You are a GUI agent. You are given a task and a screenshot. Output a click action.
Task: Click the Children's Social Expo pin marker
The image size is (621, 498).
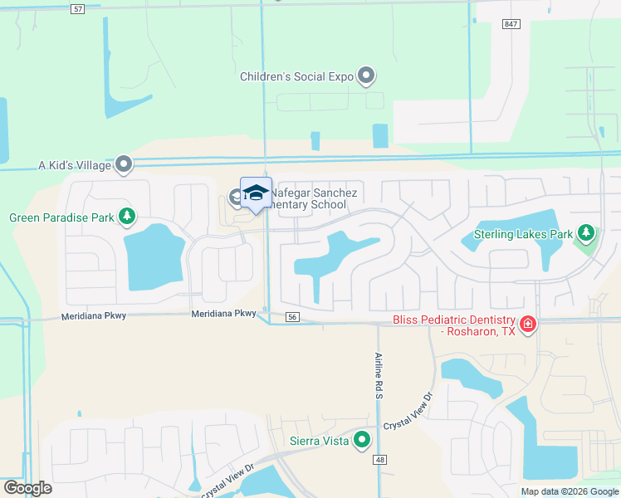[x=366, y=76]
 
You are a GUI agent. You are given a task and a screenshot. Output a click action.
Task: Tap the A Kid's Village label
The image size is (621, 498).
[x=75, y=165]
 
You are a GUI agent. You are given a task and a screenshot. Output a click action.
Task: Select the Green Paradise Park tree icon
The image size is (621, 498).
[x=126, y=217]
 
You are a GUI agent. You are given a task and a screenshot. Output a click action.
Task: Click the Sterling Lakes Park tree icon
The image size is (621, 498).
[x=587, y=234]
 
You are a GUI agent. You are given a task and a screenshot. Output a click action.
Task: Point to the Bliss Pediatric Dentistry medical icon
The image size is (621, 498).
[x=527, y=324]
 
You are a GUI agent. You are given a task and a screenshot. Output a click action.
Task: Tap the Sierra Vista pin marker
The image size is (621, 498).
[x=361, y=440]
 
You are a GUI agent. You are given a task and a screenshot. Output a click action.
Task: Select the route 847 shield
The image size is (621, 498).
[x=511, y=24]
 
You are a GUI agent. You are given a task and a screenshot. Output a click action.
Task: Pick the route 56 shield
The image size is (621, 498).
[x=291, y=317]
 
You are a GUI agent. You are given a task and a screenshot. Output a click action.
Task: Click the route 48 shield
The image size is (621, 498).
[x=380, y=459]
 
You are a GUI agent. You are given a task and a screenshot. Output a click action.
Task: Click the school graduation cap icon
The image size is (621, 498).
[x=256, y=193]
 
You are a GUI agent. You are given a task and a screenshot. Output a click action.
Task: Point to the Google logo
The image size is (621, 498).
[x=27, y=488]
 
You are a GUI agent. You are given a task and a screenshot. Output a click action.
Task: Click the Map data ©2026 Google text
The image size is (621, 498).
[x=569, y=491]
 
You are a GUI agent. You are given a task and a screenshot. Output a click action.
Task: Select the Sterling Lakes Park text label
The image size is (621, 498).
[x=524, y=235]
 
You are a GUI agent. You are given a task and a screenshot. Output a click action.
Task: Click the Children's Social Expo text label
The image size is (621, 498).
[x=296, y=76]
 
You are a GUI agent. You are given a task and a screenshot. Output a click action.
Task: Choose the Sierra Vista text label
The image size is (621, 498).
[x=319, y=441]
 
